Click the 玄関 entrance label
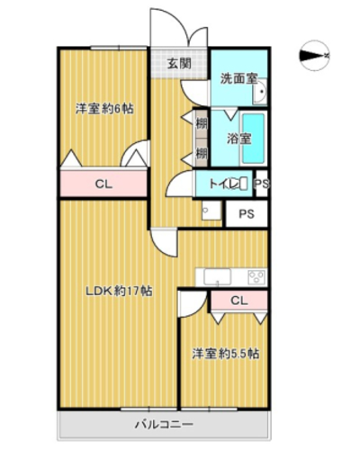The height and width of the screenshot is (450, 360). pos(179,64)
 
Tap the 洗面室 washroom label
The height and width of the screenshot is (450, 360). pos(239,78)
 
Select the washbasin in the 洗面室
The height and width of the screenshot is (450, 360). pos(260,92)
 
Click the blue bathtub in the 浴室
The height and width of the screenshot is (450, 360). pos(254,139)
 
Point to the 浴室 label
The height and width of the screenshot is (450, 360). pos(238,139)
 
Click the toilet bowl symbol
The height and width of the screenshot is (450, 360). pos(244,184)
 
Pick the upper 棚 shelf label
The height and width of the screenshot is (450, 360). pos(202,123)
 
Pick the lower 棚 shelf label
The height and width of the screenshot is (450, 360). pos(202,154)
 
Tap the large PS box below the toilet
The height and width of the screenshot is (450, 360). pos(247,213)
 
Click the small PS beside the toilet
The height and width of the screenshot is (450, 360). pos(262,184)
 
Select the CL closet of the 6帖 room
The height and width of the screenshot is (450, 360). pos(103,184)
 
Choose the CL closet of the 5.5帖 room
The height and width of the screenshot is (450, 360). pos(239,301)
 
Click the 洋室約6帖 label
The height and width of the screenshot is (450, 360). pos(104,109)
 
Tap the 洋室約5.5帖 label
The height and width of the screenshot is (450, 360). pos(226,354)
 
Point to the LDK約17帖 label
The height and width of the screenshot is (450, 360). pos(119,291)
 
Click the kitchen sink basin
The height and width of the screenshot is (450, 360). pos(218,276)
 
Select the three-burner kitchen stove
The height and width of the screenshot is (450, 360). pos(256,276)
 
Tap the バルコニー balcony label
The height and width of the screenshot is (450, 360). pos(164,425)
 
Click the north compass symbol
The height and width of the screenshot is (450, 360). pos(314,56)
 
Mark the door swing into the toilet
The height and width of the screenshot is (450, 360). pos(180,184)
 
